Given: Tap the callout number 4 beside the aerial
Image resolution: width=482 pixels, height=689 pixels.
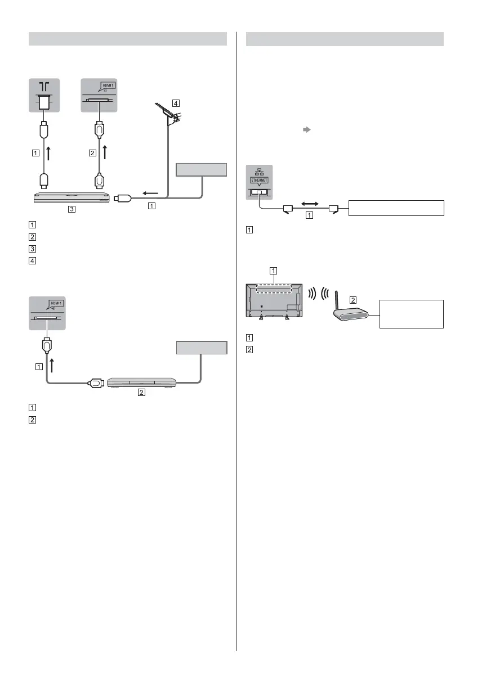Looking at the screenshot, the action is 177,103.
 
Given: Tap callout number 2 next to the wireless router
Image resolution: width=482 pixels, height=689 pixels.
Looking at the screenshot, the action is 353,300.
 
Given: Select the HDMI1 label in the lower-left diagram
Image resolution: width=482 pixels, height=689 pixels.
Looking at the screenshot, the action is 55,303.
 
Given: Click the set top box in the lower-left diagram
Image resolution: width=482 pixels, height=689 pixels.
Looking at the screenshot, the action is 141,382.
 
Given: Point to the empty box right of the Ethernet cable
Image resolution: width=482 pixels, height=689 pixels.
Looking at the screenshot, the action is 396,208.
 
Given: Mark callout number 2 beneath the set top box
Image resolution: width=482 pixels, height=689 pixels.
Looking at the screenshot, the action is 142,394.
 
